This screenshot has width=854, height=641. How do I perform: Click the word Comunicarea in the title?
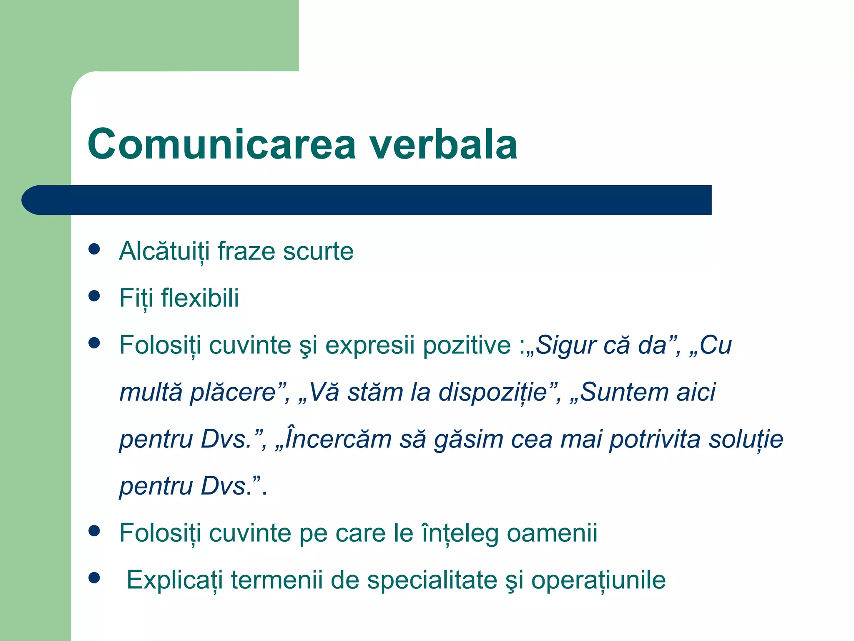tap(221, 144)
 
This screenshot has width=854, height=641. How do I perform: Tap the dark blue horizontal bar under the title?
tap(367, 200)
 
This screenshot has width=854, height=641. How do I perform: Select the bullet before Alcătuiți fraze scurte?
tap(95, 249)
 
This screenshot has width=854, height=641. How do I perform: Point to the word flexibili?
tap(200, 298)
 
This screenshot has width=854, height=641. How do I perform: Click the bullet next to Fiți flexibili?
tap(95, 296)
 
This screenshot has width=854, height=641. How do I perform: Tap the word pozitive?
tap(467, 346)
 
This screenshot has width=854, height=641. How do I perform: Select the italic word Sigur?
tap(560, 346)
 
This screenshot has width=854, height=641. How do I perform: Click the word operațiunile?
tap(598, 580)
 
